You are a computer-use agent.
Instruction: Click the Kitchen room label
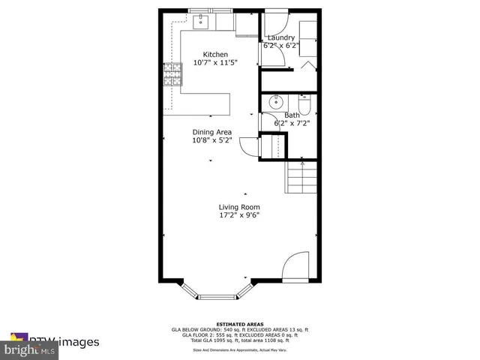pos(215,55)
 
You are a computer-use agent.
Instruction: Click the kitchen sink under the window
pos(200,23)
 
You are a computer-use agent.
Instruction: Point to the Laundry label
pos(283,37)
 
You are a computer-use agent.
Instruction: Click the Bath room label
pos(291,115)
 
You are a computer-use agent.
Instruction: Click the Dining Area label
pos(212,131)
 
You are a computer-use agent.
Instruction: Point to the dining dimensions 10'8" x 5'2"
pos(212,140)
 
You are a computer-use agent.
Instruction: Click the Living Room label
pos(239,207)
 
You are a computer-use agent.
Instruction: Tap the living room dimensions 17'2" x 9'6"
pos(239,216)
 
